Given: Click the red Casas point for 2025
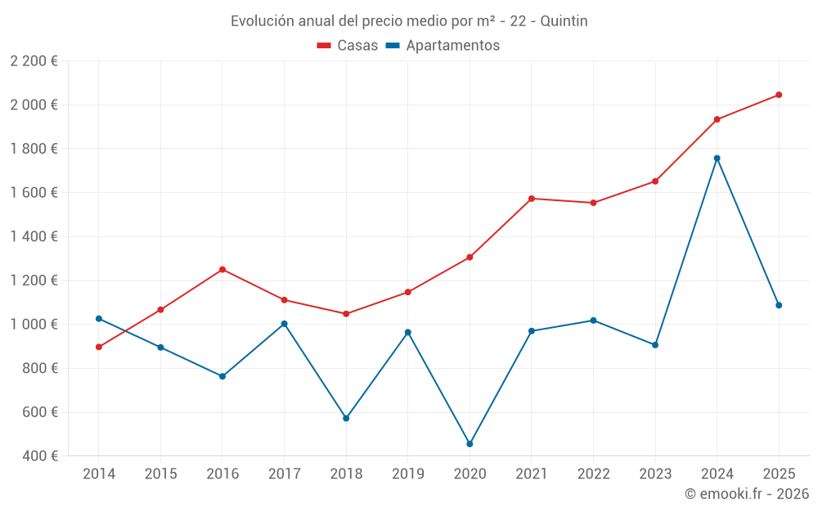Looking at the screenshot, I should (779, 95).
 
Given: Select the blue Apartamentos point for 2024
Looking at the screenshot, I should (717, 158).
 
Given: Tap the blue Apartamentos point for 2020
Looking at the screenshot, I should (470, 444).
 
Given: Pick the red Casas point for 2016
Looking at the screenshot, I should (222, 270).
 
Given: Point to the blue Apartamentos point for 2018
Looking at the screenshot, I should (346, 418).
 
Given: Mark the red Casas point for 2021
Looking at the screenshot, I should (532, 199).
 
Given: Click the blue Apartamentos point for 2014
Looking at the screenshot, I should (99, 319).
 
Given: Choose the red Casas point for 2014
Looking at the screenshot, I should (99, 347).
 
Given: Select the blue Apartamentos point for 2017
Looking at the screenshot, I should (284, 324).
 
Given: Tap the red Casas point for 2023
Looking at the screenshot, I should (655, 182).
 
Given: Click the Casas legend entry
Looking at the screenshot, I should (348, 46).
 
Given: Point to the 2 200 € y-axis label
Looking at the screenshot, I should (34, 61).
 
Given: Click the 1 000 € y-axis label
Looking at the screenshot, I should (34, 325).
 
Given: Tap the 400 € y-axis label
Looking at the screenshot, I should (38, 456).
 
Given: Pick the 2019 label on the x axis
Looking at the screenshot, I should (407, 474).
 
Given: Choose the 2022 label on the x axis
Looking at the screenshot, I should (593, 474).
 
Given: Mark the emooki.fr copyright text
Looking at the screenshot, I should (746, 494).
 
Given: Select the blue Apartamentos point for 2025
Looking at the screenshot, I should (779, 305).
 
